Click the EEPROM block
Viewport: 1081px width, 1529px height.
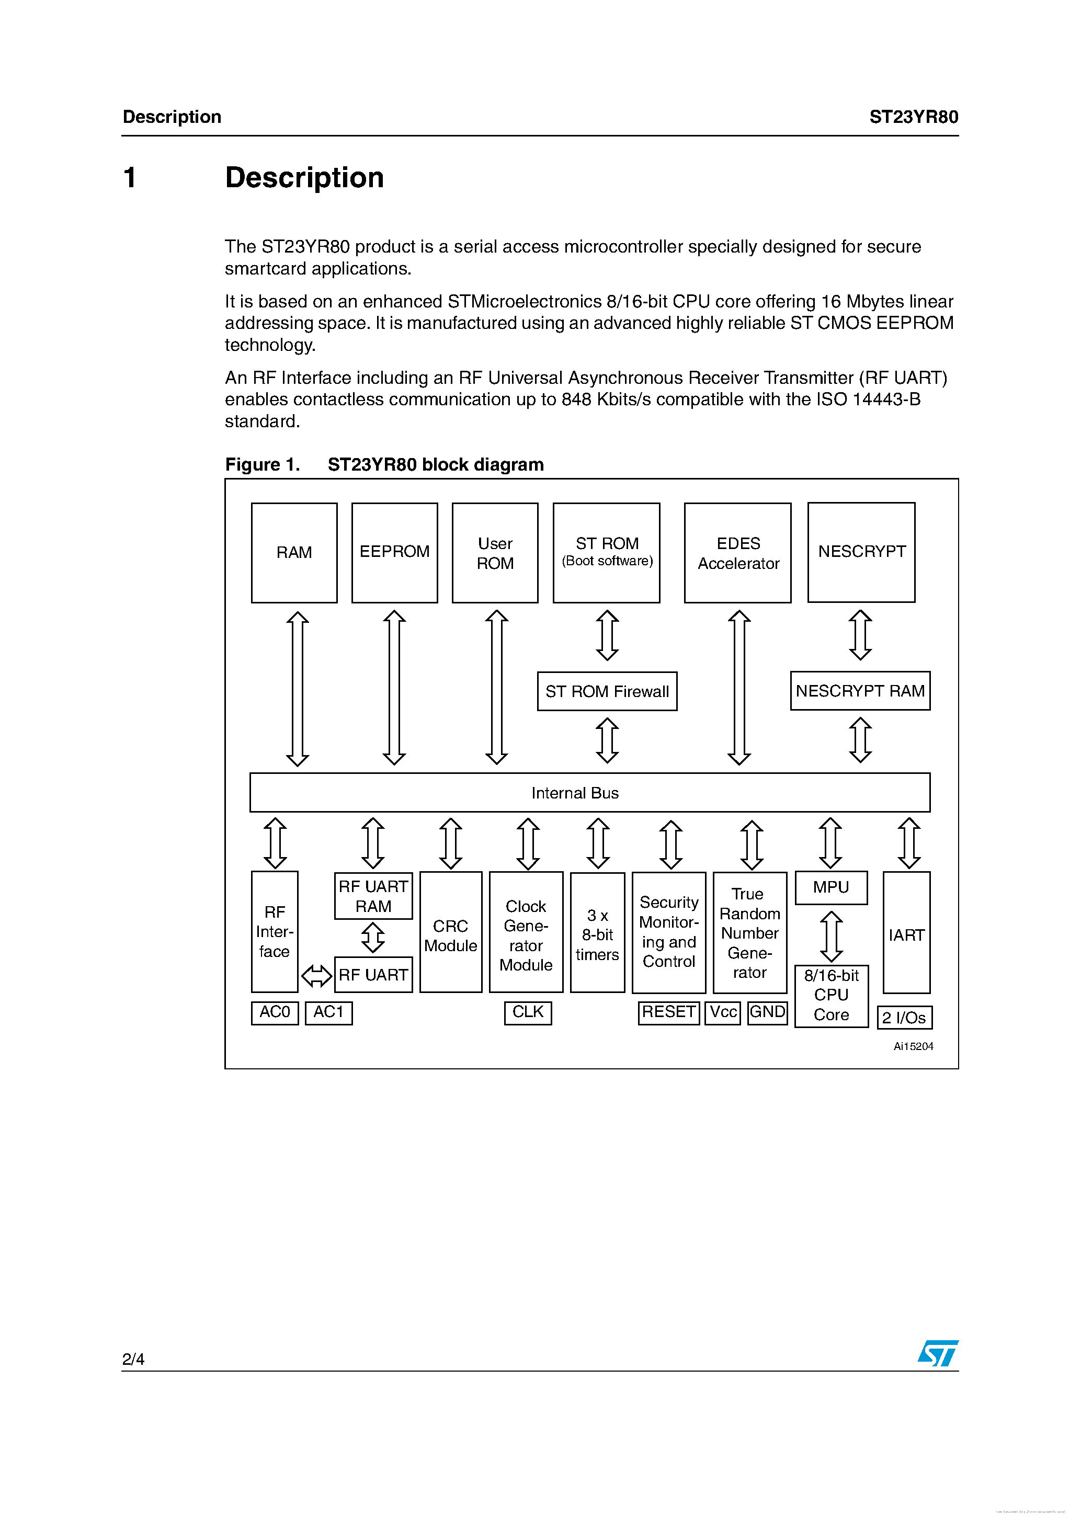click(394, 552)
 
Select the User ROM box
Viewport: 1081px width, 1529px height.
click(495, 552)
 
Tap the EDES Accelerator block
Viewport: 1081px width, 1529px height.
click(737, 552)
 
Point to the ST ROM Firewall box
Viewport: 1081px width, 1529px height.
click(607, 691)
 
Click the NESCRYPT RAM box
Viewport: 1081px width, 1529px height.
click(860, 691)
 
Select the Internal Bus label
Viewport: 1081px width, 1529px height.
click(575, 792)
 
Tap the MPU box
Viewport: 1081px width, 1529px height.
click(830, 887)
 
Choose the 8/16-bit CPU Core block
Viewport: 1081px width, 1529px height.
click(830, 995)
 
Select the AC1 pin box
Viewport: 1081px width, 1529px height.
click(328, 1012)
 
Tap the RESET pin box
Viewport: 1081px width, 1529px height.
click(668, 1012)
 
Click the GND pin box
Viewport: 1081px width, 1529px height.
click(767, 1012)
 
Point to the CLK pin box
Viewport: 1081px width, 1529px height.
click(528, 1012)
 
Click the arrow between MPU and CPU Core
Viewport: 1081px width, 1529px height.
click(830, 935)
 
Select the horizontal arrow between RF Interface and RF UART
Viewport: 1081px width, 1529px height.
click(316, 976)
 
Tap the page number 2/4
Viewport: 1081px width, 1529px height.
click(133, 1359)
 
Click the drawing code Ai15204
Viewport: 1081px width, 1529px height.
click(913, 1046)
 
